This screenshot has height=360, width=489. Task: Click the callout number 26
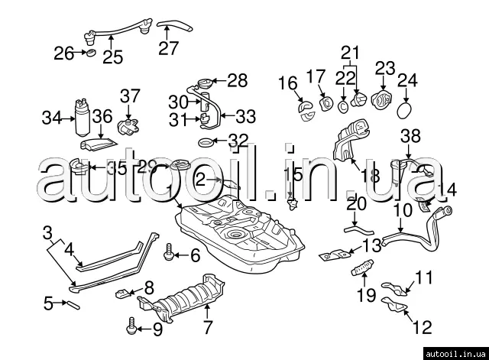pyautogui.click(x=64, y=54)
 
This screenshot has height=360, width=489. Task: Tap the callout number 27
pyautogui.click(x=167, y=48)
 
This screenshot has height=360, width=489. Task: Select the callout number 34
pyautogui.click(x=50, y=118)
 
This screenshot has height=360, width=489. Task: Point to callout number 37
pyautogui.click(x=130, y=96)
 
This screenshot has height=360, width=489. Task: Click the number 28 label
pyautogui.click(x=238, y=79)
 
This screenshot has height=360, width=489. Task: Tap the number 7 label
pyautogui.click(x=206, y=329)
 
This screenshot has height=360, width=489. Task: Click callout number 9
pyautogui.click(x=157, y=329)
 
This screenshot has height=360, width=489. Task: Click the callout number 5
pyautogui.click(x=48, y=303)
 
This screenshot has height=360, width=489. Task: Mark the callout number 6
pyautogui.click(x=195, y=255)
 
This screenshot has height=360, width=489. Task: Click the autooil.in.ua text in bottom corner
pyautogui.click(x=458, y=352)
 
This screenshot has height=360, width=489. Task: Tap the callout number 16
pyautogui.click(x=287, y=83)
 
